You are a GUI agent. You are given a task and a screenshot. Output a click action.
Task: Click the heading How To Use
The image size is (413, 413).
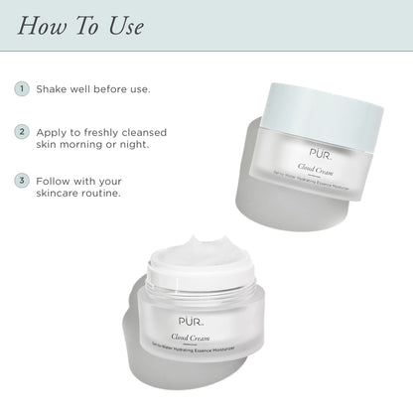pyautogui.click(x=80, y=24)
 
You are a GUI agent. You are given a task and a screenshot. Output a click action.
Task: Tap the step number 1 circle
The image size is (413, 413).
pyautogui.click(x=21, y=88)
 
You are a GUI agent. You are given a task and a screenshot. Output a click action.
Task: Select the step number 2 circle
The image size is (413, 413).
pyautogui.click(x=21, y=131)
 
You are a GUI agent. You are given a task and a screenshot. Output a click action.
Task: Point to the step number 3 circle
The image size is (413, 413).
pyautogui.click(x=21, y=181)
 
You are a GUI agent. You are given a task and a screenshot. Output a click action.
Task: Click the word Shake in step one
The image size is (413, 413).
pyautogui.click(x=53, y=88)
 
